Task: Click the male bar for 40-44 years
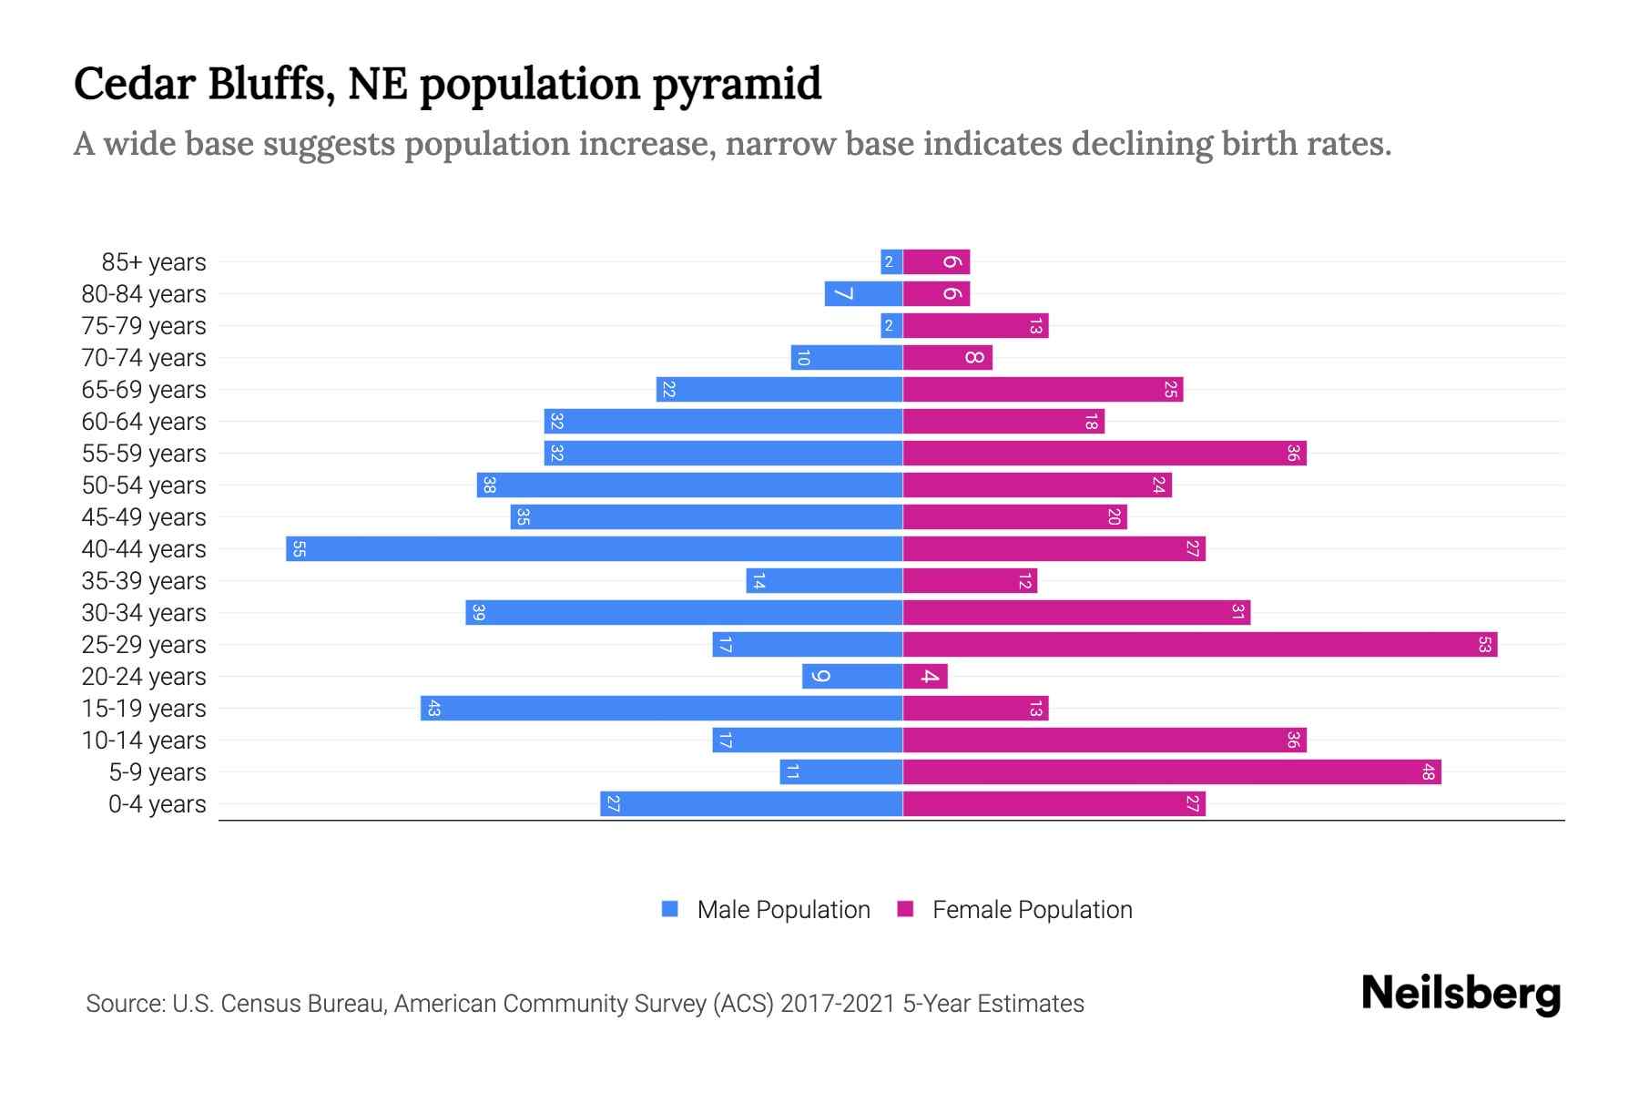tap(594, 548)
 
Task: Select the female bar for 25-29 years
tap(1200, 644)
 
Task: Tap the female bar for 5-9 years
tap(1172, 771)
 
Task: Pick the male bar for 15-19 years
tap(661, 708)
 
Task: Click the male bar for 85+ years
tap(891, 261)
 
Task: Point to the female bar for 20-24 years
tap(925, 676)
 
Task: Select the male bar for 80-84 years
tap(863, 293)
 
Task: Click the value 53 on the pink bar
tap(1484, 644)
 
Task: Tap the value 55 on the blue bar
tap(299, 548)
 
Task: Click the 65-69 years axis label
tap(144, 390)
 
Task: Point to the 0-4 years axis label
tap(157, 804)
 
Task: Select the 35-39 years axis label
tap(144, 581)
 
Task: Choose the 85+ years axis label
tap(154, 262)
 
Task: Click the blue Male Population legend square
tap(670, 909)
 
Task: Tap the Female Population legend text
tap(1032, 909)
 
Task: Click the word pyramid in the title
tap(737, 84)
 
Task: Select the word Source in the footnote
tap(124, 1003)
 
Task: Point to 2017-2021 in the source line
tap(838, 1003)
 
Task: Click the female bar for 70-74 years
tap(947, 357)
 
